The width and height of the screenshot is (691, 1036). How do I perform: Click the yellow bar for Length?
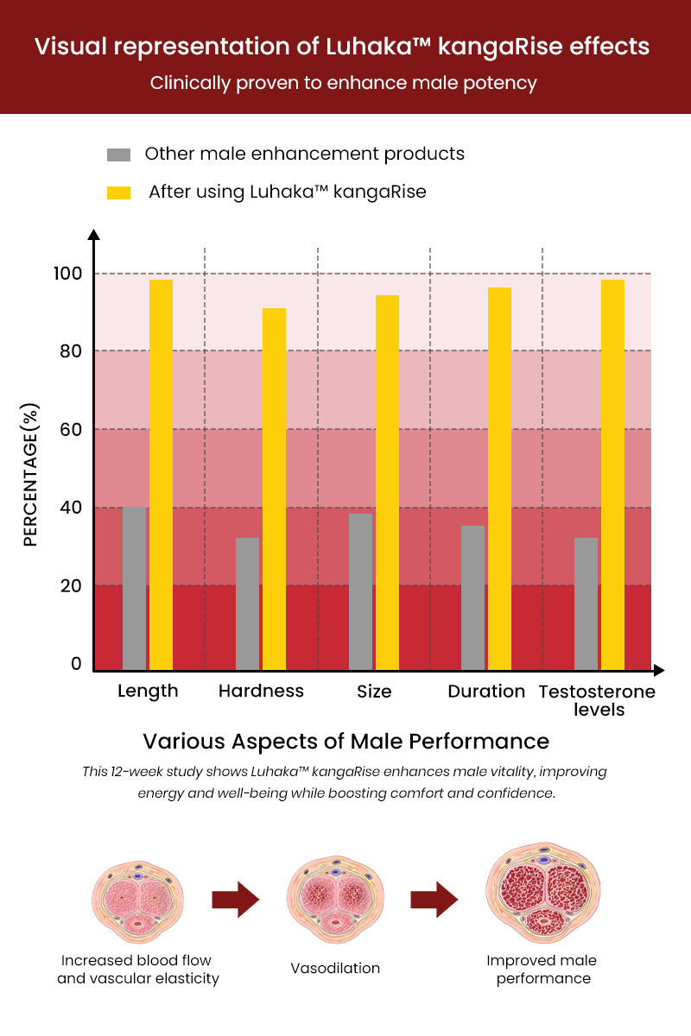pyautogui.click(x=161, y=475)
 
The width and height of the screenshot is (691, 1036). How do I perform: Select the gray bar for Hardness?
pyautogui.click(x=247, y=603)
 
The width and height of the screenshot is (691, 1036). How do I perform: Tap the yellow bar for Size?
pyautogui.click(x=387, y=483)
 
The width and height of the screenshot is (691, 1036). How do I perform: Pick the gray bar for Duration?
pyautogui.click(x=472, y=597)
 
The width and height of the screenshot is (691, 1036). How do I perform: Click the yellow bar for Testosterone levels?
pyautogui.click(x=612, y=475)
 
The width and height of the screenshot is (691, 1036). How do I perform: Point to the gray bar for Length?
pyautogui.click(x=134, y=588)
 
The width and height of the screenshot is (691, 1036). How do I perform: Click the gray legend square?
pyautogui.click(x=118, y=155)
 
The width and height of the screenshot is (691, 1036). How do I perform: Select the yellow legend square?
pyautogui.click(x=118, y=193)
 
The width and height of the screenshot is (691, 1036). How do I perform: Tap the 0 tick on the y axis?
pyautogui.click(x=76, y=663)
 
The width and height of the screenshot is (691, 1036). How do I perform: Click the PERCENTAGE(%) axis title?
pyautogui.click(x=31, y=475)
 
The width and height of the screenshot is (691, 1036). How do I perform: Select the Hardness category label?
pyautogui.click(x=261, y=692)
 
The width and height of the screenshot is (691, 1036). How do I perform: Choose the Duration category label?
pyautogui.click(x=486, y=692)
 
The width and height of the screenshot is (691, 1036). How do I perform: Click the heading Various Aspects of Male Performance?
pyautogui.click(x=345, y=742)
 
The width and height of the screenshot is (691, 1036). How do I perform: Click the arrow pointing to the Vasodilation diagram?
pyautogui.click(x=235, y=900)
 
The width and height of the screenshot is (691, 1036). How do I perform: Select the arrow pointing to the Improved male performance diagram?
pyautogui.click(x=434, y=900)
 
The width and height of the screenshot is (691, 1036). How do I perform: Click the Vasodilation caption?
pyautogui.click(x=335, y=969)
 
